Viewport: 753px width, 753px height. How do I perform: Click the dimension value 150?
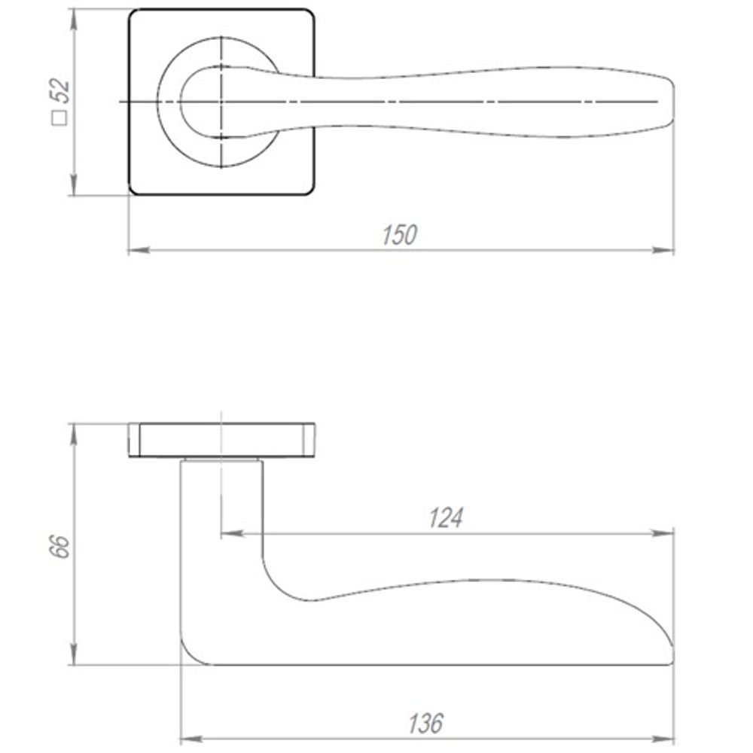click(399, 235)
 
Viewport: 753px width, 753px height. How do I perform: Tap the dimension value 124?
click(445, 518)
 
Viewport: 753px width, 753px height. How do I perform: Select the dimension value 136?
click(426, 724)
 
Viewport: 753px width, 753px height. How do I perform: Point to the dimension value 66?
click(61, 546)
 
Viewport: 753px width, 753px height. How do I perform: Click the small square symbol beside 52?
click(59, 117)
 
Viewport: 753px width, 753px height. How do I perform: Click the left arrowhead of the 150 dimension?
click(139, 250)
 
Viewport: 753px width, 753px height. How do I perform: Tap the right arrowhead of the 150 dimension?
click(663, 250)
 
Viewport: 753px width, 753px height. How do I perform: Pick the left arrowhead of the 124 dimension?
click(231, 533)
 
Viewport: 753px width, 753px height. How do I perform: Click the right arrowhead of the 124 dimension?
click(663, 533)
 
